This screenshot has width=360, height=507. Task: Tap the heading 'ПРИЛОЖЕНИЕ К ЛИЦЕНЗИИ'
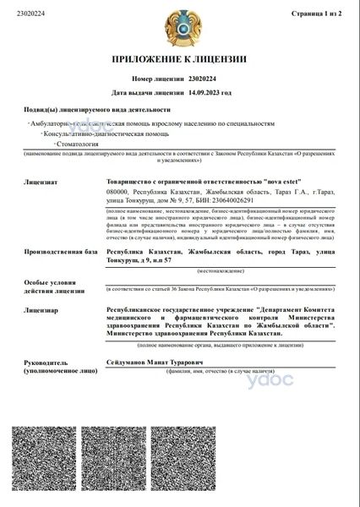(x=179, y=59)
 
